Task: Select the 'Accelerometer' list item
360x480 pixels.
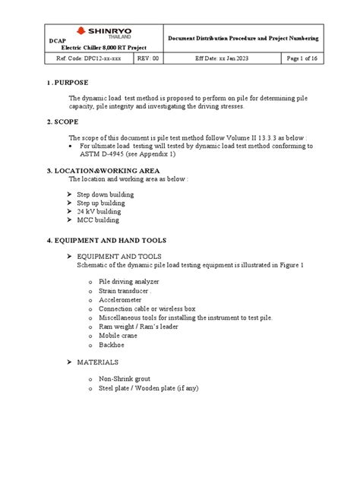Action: (122, 299)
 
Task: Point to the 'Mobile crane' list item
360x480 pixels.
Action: (120, 335)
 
